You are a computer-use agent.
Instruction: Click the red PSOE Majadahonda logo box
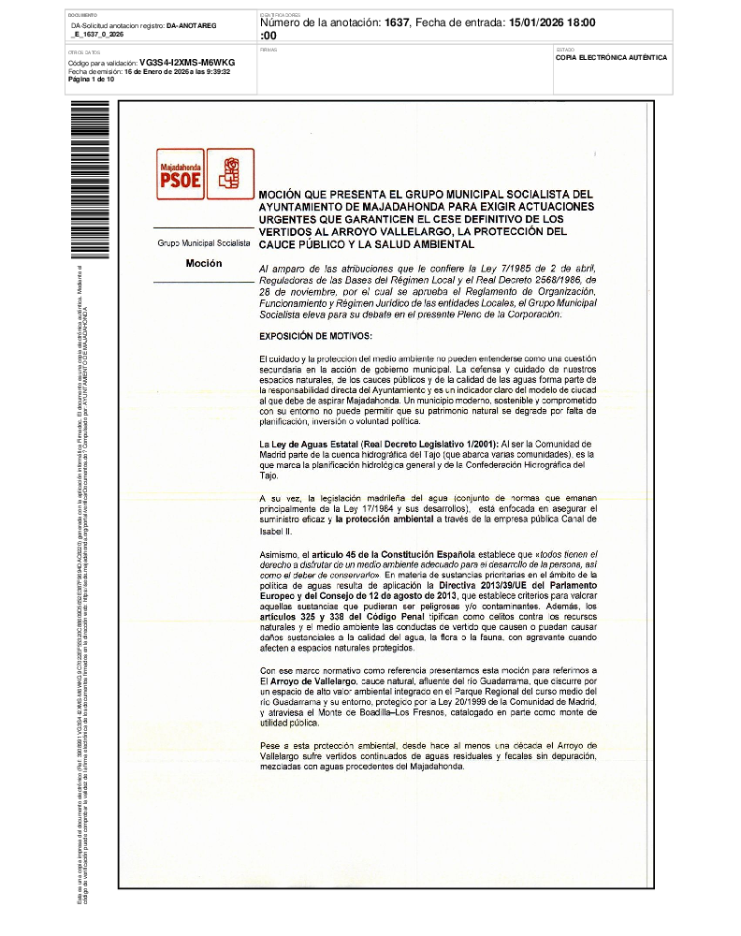click(181, 174)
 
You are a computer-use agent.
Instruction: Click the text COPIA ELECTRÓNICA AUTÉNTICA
click(611, 57)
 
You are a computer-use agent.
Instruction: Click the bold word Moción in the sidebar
click(203, 264)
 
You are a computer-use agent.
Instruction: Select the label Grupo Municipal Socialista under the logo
click(203, 243)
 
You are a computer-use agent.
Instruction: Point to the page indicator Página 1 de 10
click(92, 79)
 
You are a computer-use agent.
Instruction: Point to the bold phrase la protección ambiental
click(388, 519)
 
